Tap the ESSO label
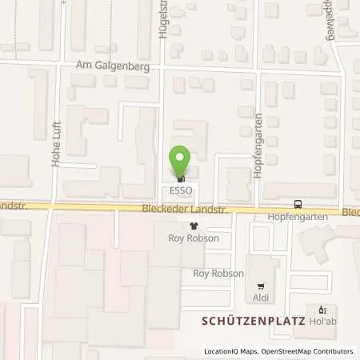tap(181, 190)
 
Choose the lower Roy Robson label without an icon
tap(218, 273)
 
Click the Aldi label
tap(261, 298)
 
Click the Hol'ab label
tap(323, 322)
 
